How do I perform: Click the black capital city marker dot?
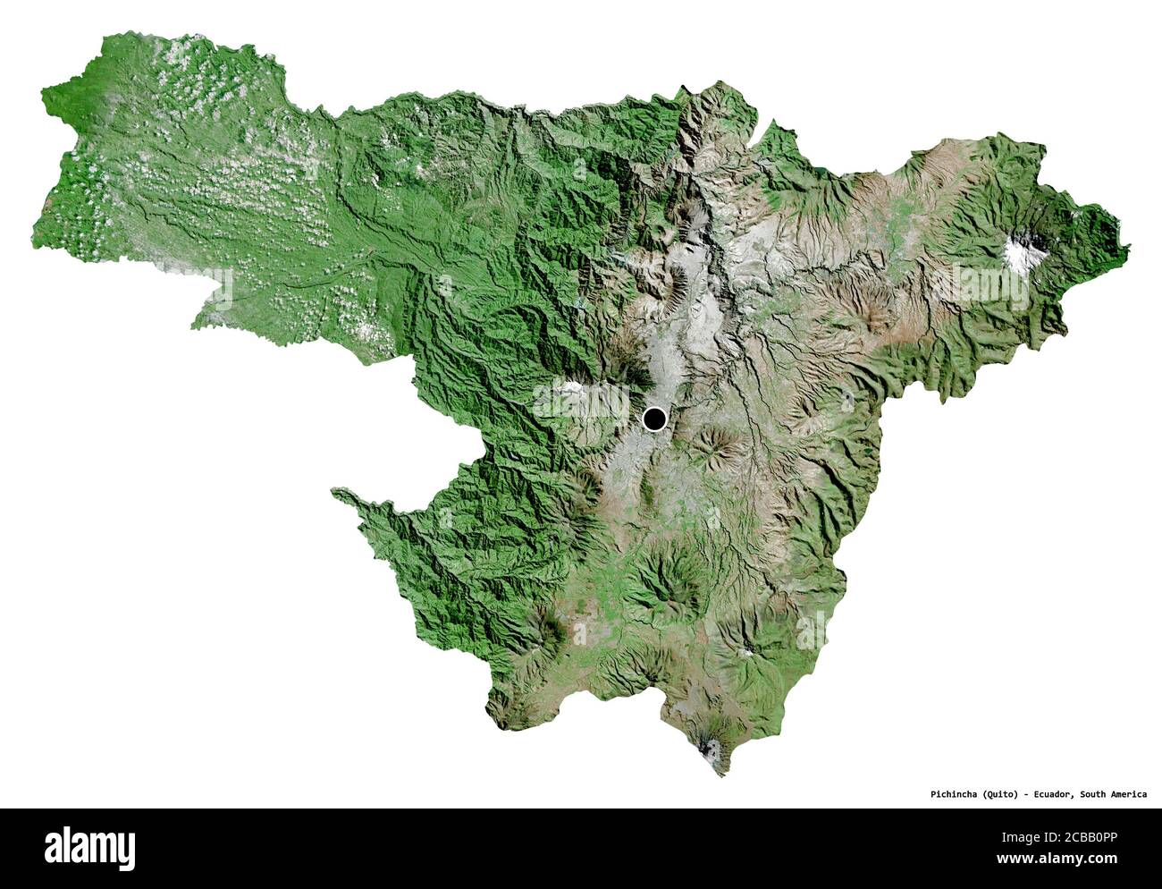(x=655, y=418)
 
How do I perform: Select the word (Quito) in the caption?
(x=1001, y=794)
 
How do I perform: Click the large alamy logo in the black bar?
(x=89, y=845)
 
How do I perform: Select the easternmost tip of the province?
(x=1129, y=246)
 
